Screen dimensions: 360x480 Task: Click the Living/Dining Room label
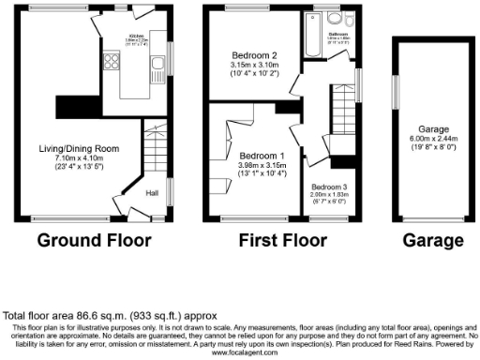(79, 148)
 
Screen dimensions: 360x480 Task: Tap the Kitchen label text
(136, 36)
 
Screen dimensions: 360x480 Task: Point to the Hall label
(152, 194)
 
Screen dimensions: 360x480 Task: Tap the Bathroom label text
(338, 34)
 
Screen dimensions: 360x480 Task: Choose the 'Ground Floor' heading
(94, 240)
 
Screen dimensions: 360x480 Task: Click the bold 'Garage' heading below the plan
(432, 240)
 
